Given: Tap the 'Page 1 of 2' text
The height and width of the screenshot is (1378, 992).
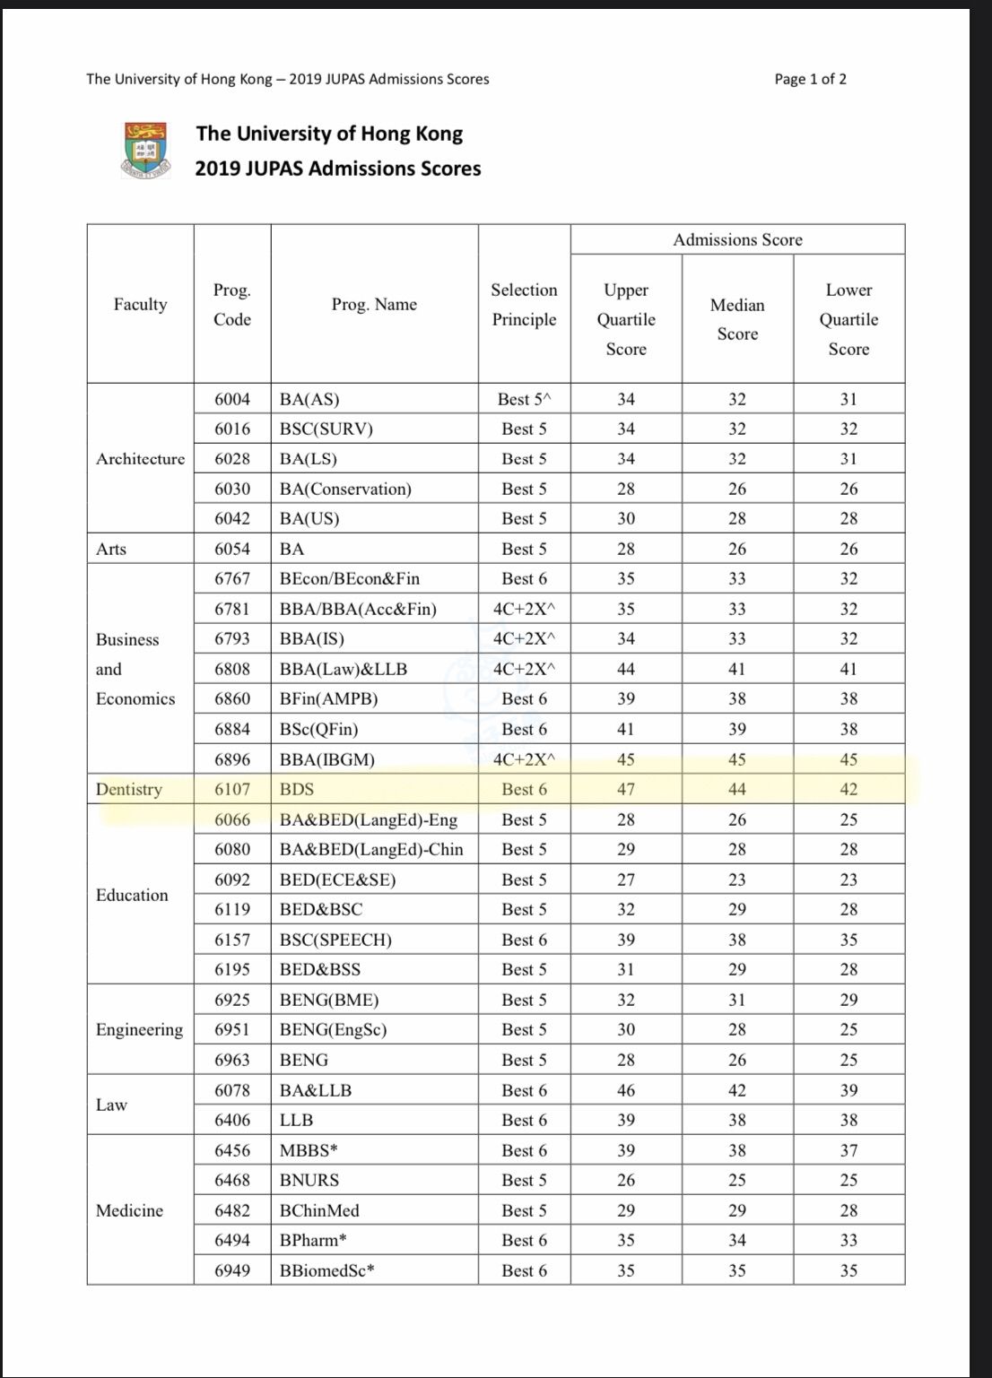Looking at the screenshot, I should [810, 79].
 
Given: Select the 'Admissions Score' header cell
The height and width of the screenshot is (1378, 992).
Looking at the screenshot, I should [737, 239].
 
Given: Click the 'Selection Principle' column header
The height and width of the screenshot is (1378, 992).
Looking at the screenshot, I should [524, 305].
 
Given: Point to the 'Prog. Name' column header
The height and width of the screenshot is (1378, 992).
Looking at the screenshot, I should [374, 305].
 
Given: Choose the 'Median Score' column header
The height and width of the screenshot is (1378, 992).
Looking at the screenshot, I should [737, 319].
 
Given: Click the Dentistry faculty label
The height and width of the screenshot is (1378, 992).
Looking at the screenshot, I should [129, 789].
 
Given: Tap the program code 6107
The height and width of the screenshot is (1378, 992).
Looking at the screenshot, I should [232, 789].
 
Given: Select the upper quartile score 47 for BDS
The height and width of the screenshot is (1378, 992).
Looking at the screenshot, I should [626, 789].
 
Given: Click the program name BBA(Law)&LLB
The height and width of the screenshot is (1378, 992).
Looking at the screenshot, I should [344, 669].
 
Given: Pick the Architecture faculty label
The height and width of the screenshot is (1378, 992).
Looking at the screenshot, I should [141, 458].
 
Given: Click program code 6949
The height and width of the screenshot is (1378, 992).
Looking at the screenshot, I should [232, 1270].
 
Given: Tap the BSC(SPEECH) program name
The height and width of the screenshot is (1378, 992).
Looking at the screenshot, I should [335, 940].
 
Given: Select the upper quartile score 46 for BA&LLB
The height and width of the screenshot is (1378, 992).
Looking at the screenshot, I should [626, 1090].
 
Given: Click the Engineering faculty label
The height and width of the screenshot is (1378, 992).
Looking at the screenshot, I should [139, 1029].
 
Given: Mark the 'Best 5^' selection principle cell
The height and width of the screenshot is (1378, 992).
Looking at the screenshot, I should [524, 399].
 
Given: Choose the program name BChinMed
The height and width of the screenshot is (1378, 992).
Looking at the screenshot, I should [319, 1210].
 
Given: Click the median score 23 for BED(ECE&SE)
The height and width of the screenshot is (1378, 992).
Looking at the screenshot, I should [737, 880].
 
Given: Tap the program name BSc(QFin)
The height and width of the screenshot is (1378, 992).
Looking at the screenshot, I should [318, 729].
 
